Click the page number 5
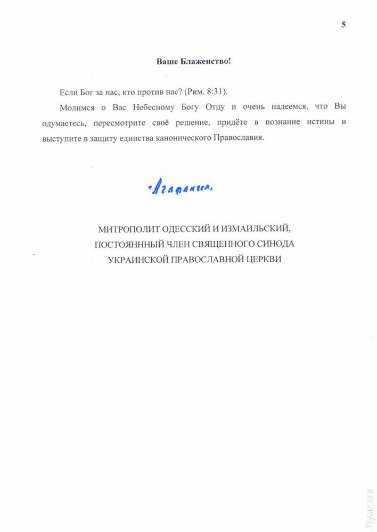point(343,24)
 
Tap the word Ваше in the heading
point(166,62)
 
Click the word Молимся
point(76,107)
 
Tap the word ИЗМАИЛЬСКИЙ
point(255,230)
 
